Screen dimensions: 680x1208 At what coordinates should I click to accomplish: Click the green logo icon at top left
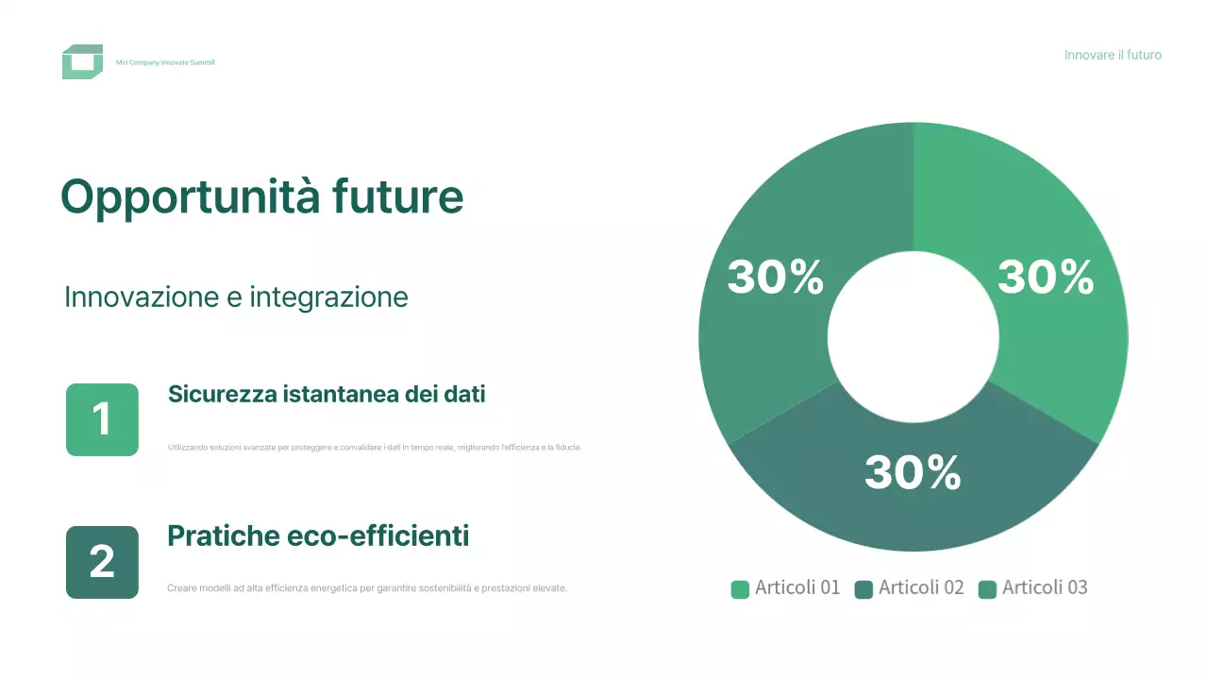(82, 62)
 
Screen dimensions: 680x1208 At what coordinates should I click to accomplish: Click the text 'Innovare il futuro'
(1113, 55)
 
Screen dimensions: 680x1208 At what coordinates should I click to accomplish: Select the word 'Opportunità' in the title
(189, 197)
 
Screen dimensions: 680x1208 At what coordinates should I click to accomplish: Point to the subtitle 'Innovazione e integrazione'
(236, 297)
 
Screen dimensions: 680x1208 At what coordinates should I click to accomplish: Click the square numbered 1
(102, 419)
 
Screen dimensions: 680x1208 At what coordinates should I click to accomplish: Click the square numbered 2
(102, 562)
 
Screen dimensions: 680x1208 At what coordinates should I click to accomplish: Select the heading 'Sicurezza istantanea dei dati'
(327, 394)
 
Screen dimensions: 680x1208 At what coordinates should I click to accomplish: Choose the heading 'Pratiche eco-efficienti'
(318, 536)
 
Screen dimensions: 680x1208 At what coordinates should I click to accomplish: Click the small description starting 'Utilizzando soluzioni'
(374, 447)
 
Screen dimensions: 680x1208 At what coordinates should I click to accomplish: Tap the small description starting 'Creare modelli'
(367, 587)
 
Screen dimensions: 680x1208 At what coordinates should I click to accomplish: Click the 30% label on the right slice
(1046, 278)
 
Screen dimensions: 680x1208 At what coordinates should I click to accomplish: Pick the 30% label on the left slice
(775, 278)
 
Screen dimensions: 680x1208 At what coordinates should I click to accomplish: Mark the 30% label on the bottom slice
(913, 472)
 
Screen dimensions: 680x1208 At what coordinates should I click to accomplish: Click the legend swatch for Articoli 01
(740, 589)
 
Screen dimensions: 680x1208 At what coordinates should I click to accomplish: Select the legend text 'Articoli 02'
(921, 587)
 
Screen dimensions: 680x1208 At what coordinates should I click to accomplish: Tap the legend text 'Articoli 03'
(1045, 587)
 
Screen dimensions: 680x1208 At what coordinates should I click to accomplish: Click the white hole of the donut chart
(913, 337)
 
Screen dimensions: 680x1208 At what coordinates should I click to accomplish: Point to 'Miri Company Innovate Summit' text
(165, 62)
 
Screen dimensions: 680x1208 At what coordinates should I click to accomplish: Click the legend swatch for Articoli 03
(988, 589)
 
